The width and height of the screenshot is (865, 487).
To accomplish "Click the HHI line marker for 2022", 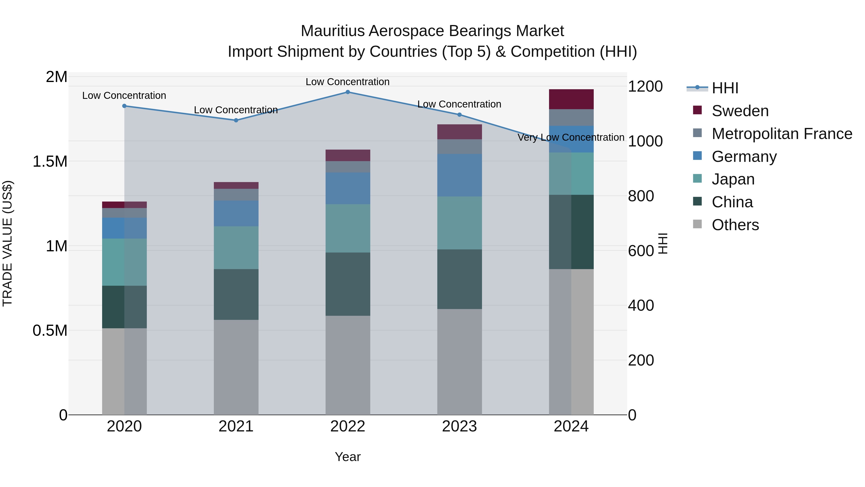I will click(347, 92).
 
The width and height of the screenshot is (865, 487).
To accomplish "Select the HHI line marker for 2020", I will click(124, 106).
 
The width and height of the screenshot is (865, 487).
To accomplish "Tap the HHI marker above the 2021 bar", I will click(236, 120).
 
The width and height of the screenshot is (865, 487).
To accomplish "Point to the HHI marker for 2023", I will click(459, 115).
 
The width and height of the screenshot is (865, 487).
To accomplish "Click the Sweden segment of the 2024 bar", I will click(571, 99).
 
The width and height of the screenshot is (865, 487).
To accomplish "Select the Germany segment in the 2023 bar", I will click(459, 175).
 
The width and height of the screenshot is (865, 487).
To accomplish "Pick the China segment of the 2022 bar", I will click(347, 284).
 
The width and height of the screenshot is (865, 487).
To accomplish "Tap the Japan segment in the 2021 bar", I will click(236, 247).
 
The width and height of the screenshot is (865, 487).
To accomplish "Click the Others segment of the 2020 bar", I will click(124, 371).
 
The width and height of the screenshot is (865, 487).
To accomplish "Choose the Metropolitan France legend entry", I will click(782, 134).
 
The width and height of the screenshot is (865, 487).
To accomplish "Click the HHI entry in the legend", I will click(725, 88).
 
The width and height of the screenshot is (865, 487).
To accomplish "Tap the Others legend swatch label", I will click(735, 225).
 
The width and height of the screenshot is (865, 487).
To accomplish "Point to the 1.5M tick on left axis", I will click(50, 162).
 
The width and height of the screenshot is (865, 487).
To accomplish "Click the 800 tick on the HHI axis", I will click(641, 196).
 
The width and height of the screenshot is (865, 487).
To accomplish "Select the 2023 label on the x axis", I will click(459, 426).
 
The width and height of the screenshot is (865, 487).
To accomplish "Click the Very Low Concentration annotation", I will click(571, 138).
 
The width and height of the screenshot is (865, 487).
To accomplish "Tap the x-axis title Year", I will click(347, 457).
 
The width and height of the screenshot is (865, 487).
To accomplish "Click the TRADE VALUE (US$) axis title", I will click(7, 243).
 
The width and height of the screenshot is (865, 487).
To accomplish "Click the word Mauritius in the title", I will click(333, 31).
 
